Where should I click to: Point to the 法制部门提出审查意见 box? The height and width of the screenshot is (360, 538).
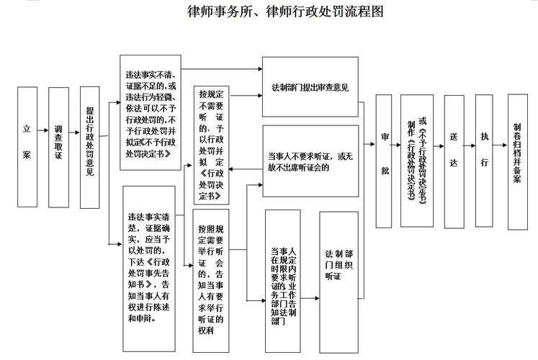coord(310,88)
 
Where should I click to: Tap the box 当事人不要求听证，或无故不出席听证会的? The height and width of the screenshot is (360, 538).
coord(310,161)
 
